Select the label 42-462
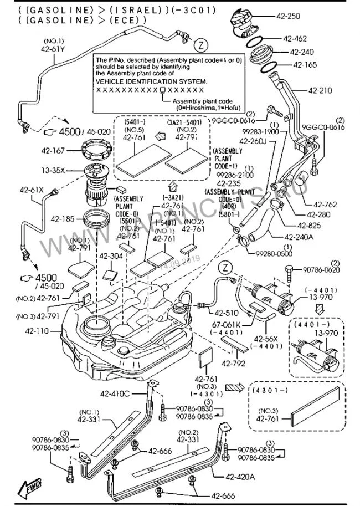295,39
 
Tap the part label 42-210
320,90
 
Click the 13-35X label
54,170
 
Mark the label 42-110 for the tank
36,331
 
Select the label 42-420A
240,476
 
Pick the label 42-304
111,256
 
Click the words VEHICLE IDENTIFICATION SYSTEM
152,80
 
